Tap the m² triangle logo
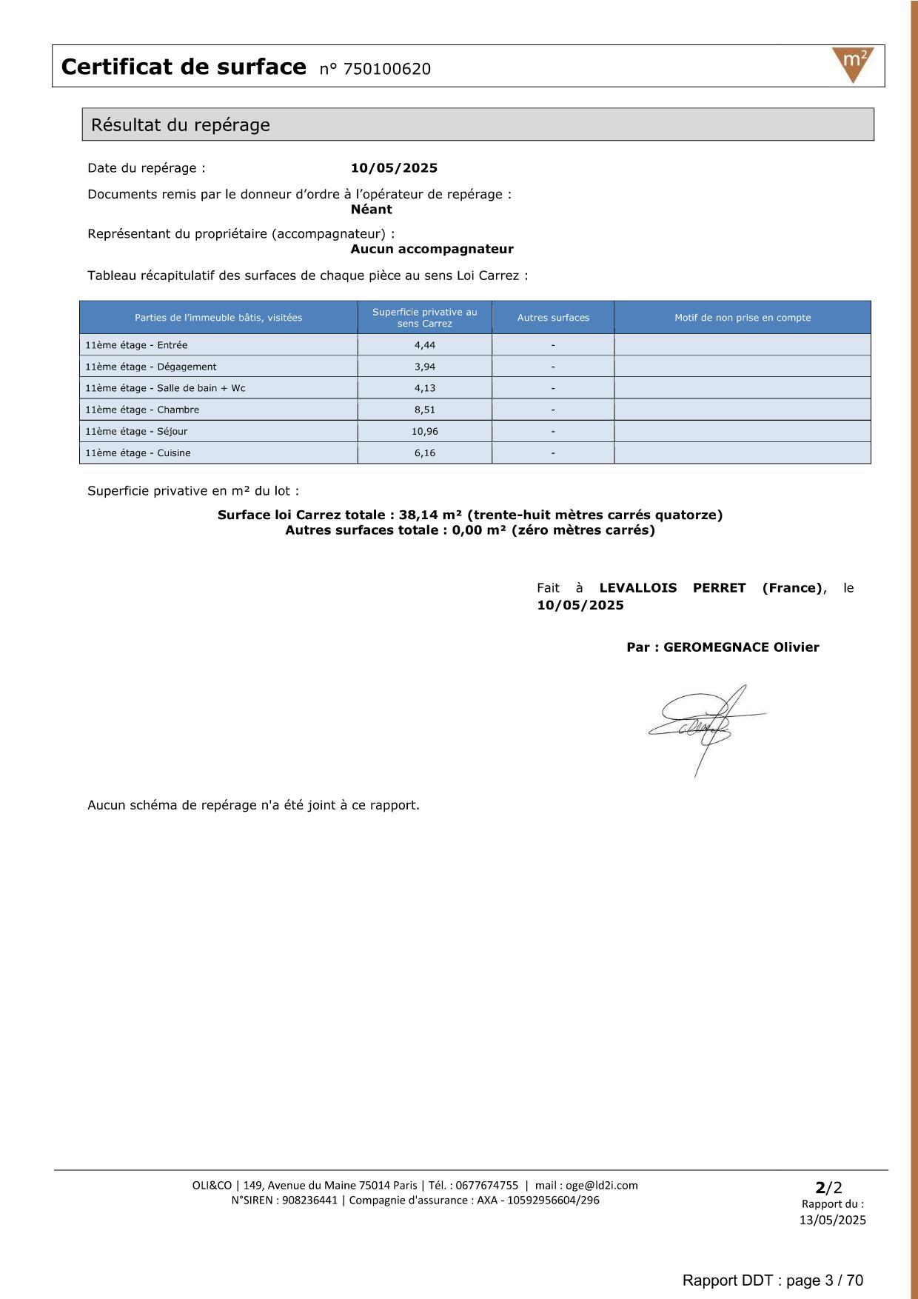coord(853,63)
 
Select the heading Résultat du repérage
coord(181,125)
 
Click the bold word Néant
coord(371,210)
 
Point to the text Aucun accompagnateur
coord(432,250)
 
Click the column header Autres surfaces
coord(553,318)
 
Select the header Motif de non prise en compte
coord(743,318)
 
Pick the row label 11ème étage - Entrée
coord(136,345)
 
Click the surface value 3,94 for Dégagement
coord(425,367)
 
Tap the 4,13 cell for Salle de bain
coord(425,388)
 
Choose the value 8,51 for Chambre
coord(425,410)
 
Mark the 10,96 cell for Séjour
coord(425,431)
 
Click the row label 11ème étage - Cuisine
coord(138,453)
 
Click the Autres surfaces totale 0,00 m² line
coord(470,530)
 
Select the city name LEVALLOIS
coord(637,588)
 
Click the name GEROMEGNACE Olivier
coord(740,647)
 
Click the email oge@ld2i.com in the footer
coord(601,1186)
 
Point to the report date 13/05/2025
coord(832,1220)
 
